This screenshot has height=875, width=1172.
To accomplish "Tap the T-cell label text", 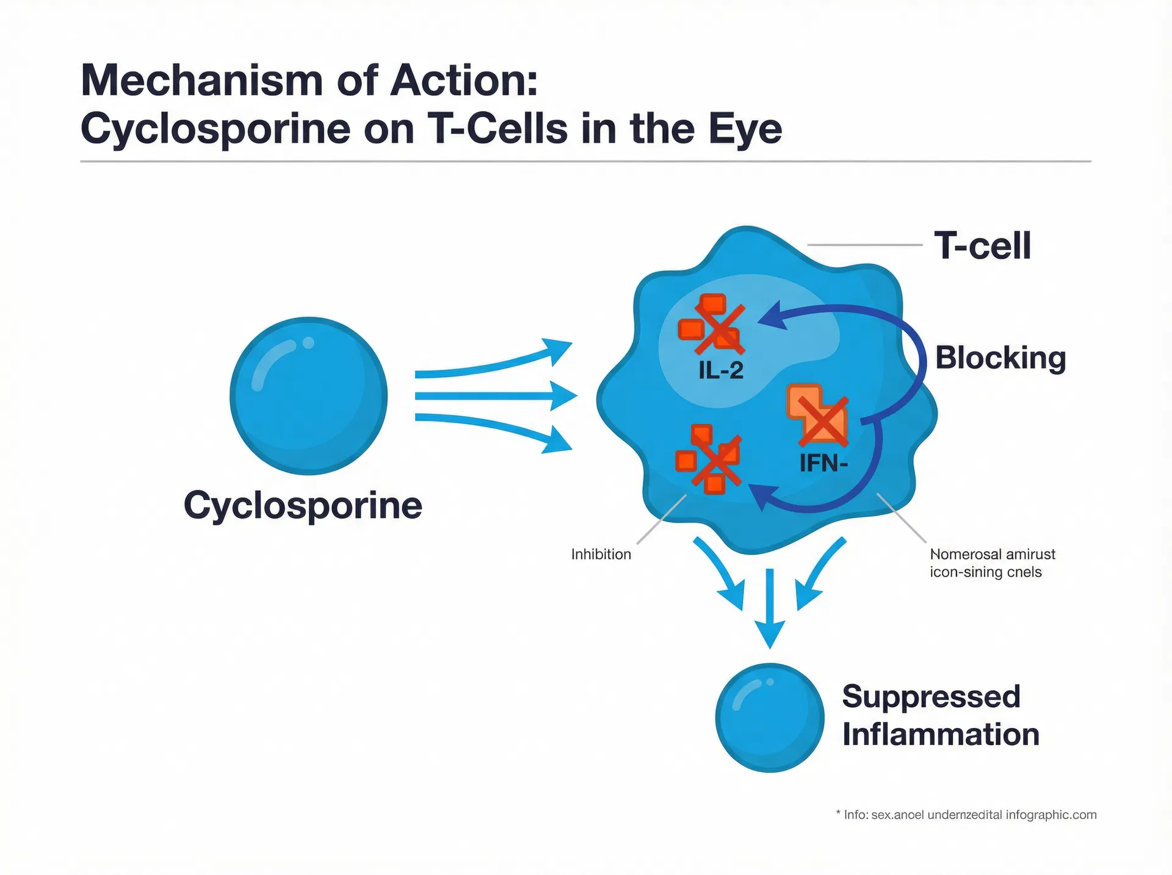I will pos(982,246).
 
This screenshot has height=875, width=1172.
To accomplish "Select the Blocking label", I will pos(1000,358).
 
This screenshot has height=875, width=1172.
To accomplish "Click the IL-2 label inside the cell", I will pos(721,370).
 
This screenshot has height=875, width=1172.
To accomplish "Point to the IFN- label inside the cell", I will pos(823,464).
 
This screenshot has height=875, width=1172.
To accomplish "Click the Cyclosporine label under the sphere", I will pos(303,506).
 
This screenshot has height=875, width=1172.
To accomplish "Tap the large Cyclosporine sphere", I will pos(309,396).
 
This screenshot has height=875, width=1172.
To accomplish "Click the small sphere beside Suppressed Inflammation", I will pos(770,718).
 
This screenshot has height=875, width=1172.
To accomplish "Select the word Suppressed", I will pos(931,697).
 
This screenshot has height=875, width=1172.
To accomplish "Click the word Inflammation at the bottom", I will pos(941,735).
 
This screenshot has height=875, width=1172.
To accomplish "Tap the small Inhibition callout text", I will pos(601,555).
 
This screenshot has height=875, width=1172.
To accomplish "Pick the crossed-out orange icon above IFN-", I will pos(819,416).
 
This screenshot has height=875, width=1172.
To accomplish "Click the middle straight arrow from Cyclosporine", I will pos(494,396).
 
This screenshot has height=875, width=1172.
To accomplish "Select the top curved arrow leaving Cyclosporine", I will pos(494,364).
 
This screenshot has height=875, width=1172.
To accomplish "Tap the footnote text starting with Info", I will pos(969,815).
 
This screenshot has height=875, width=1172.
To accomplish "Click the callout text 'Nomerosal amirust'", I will pos(992,555).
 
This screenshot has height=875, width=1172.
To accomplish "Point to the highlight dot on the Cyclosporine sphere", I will pos(308,343).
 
